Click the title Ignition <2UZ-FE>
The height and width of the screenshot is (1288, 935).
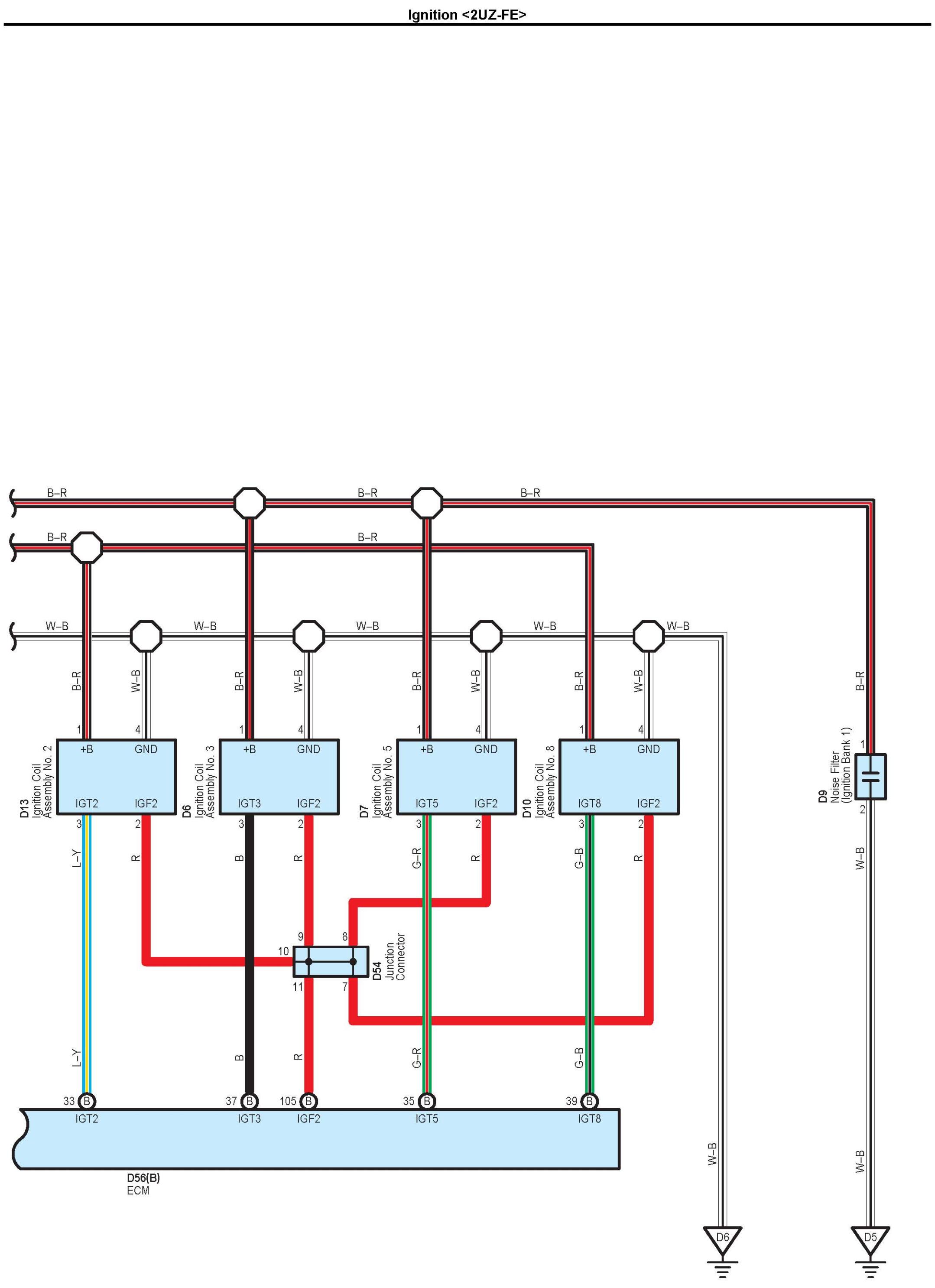tap(467, 14)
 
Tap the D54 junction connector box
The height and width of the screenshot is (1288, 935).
tap(331, 962)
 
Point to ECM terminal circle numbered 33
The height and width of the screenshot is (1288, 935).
tap(87, 1101)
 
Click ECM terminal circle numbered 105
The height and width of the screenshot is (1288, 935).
tap(308, 1101)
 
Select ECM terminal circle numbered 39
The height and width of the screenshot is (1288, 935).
tap(589, 1101)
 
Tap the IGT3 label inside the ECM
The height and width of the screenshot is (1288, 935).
tap(249, 1118)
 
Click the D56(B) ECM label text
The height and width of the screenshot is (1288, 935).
tap(143, 1178)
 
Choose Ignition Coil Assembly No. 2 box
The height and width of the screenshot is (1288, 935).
tap(117, 776)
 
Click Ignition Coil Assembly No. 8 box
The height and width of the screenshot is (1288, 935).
tap(619, 776)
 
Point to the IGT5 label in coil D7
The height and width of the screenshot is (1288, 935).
tap(426, 803)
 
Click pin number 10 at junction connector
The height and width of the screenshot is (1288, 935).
tap(283, 951)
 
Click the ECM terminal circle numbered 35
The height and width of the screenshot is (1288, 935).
tap(426, 1101)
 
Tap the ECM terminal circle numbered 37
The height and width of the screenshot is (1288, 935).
tap(249, 1101)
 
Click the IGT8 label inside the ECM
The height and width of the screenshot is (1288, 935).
tap(589, 1118)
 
